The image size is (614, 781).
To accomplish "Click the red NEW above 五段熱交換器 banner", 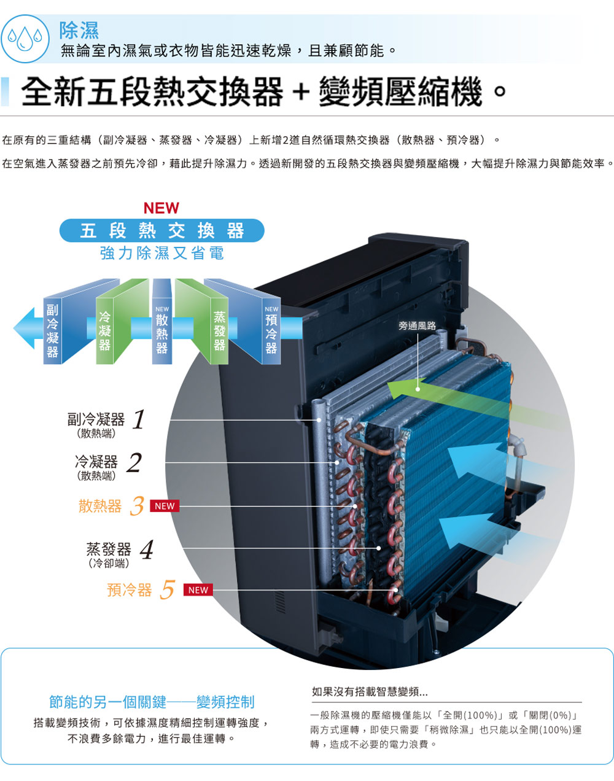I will [161, 208].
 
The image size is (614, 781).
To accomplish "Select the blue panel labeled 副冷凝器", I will [53, 329].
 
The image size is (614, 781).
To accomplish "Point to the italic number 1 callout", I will [139, 420].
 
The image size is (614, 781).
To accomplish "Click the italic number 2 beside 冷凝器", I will [134, 462].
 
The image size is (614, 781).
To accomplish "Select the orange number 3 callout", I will [137, 507].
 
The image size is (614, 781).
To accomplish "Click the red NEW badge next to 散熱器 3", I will [165, 507].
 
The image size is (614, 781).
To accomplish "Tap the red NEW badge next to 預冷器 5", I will [198, 590].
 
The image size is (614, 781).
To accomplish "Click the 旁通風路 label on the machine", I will [417, 325].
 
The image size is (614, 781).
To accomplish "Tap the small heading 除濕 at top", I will [79, 29].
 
